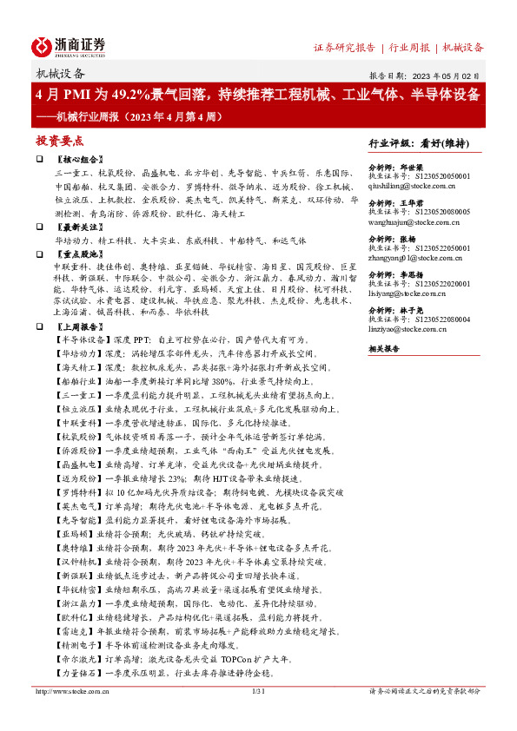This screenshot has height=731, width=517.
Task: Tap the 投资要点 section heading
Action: tap(60, 141)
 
